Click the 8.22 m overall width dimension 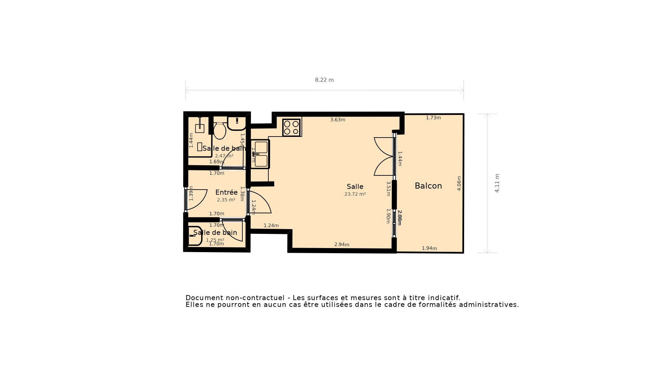[324, 80]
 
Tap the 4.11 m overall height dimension [497, 183]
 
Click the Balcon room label [428, 186]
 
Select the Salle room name [355, 187]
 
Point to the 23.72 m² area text [355, 194]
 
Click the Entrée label [226, 192]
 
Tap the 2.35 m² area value [226, 200]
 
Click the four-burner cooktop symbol [291, 128]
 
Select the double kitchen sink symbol [260, 154]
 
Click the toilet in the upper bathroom [220, 130]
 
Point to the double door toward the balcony [384, 156]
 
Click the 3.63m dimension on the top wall [338, 120]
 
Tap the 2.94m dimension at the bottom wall [342, 245]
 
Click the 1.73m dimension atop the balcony [433, 118]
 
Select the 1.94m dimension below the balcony [429, 248]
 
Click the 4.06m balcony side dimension [459, 183]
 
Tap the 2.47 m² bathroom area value [224, 156]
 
